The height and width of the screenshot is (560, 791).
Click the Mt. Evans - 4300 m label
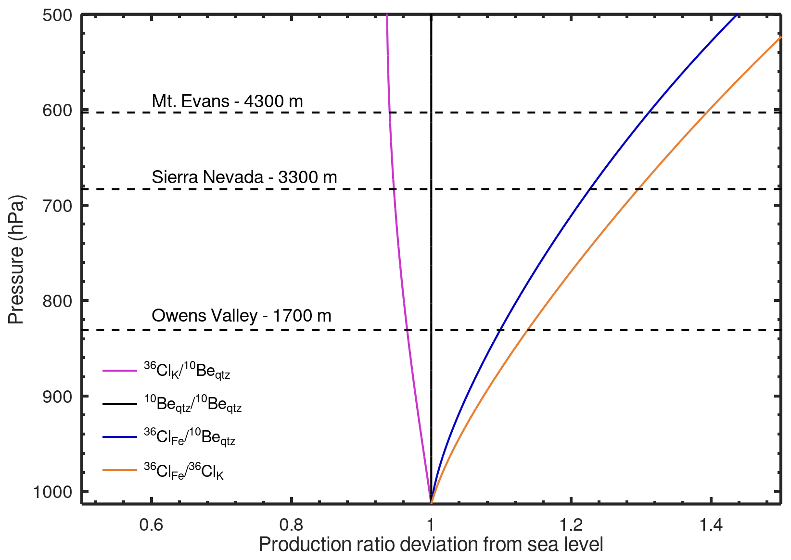[227, 101]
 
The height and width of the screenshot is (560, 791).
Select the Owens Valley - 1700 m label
[241, 316]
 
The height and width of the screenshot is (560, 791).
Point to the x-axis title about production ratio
[431, 545]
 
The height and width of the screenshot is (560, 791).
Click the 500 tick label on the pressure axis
[57, 15]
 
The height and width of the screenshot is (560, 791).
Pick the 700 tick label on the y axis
[57, 206]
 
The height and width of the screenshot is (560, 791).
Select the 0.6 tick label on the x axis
[151, 525]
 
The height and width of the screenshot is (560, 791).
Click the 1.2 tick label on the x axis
[571, 525]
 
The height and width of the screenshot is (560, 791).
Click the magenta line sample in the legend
[120, 371]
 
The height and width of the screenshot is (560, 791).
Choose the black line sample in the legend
[120, 404]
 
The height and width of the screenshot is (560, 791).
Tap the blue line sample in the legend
[120, 437]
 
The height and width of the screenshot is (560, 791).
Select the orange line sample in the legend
[120, 470]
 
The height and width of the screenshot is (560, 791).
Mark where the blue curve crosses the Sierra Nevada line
[590, 189]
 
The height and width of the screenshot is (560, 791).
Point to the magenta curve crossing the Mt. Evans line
[389, 112]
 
